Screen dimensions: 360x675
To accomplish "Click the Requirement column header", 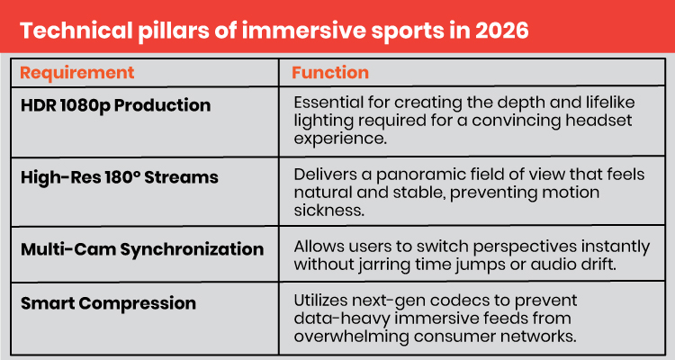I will click(77, 73).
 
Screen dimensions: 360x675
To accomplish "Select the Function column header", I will click(330, 73).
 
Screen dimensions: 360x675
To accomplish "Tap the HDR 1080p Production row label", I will click(115, 105).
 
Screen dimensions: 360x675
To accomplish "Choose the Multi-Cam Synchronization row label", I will click(142, 249).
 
